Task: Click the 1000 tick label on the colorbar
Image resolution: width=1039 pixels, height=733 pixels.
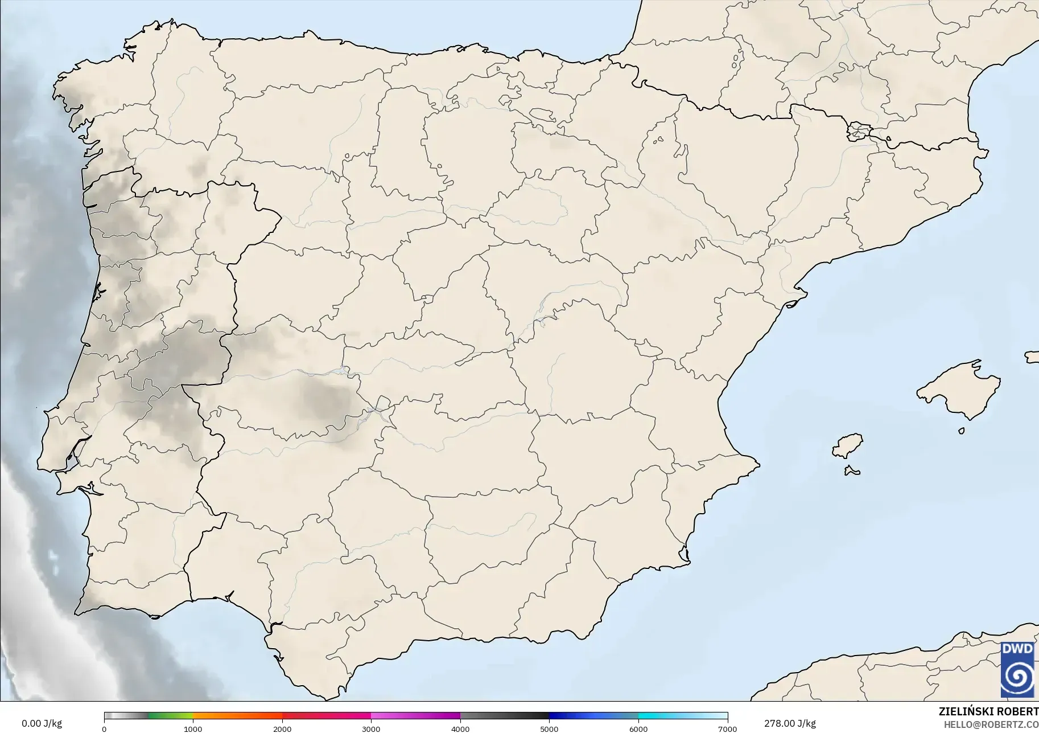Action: coord(193,728)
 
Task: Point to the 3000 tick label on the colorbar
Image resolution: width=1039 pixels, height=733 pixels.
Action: coord(371,728)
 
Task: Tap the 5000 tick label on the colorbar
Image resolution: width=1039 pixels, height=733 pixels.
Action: coord(549,728)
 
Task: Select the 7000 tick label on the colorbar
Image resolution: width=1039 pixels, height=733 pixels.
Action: coord(727,728)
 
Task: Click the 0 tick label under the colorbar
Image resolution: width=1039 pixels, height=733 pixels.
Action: coord(104,728)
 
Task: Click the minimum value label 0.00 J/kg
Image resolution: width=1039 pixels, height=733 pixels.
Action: coord(42,723)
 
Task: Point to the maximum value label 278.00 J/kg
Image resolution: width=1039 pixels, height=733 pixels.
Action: coord(790,723)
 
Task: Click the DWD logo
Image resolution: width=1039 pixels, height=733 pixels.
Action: coord(1017,669)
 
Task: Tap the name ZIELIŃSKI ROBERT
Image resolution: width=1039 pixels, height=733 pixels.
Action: coord(988,712)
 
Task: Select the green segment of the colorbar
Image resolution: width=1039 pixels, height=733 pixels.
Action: coord(171,716)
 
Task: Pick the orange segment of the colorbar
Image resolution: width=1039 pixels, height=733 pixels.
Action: coord(237,716)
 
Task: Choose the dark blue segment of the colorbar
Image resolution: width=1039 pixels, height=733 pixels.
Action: coord(575,716)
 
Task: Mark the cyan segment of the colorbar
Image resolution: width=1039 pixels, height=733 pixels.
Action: coord(660,716)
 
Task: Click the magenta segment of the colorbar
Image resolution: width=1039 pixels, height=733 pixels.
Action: coord(415,716)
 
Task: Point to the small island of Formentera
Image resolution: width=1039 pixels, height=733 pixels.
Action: coord(852,470)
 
